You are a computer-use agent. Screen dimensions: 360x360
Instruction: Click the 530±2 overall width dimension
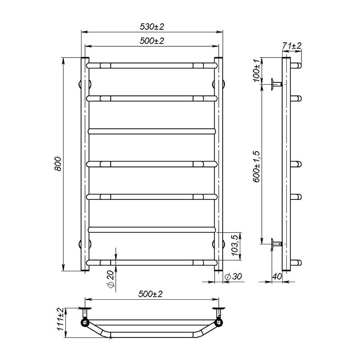[x=152, y=27]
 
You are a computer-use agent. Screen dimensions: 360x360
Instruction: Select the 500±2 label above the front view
[x=152, y=41]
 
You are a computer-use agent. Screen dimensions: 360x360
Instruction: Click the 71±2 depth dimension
[x=292, y=45]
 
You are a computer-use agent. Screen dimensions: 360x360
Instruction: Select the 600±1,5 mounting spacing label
[x=256, y=167]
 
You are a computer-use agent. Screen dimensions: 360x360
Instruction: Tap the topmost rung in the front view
[x=152, y=65]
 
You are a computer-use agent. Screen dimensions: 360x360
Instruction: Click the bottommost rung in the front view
[x=152, y=262]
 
